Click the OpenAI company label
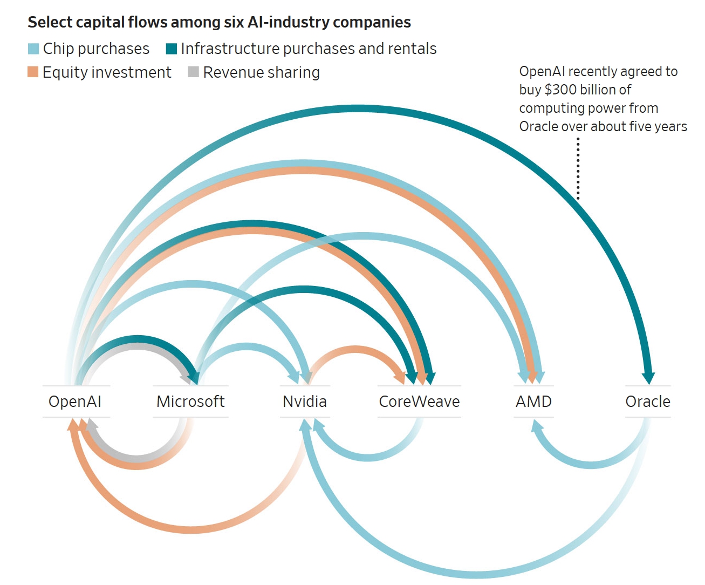pyautogui.click(x=75, y=402)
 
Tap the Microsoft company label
pyautogui.click(x=190, y=402)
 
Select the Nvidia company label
pyautogui.click(x=305, y=402)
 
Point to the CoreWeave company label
pyautogui.click(x=419, y=402)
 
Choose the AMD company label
pyautogui.click(x=533, y=402)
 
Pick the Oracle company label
pyautogui.click(x=648, y=402)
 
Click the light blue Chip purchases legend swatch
pyautogui.click(x=33, y=49)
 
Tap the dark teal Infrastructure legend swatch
pyautogui.click(x=172, y=49)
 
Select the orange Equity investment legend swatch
pyautogui.click(x=33, y=72)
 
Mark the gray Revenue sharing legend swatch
pyautogui.click(x=194, y=72)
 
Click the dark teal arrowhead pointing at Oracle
pyautogui.click(x=648, y=378)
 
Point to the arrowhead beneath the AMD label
pyautogui.click(x=537, y=426)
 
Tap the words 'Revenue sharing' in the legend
pyautogui.click(x=262, y=72)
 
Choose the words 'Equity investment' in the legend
pyautogui.click(x=107, y=72)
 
